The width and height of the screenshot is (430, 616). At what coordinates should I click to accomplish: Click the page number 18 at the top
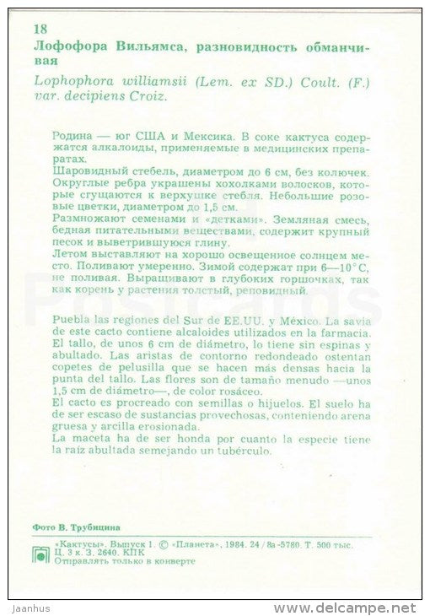pos(40,30)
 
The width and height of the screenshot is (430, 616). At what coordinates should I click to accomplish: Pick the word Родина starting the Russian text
pos(73,134)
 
